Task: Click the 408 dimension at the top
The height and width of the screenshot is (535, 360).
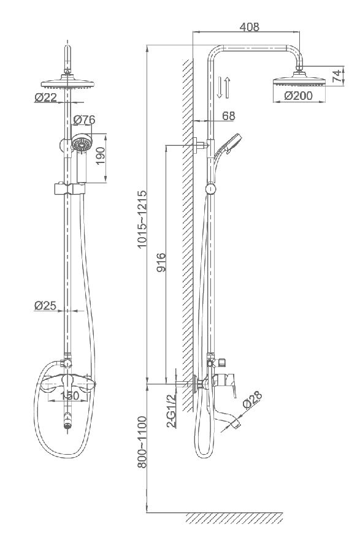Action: [249, 26]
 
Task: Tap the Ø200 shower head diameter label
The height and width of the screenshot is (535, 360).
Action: [298, 96]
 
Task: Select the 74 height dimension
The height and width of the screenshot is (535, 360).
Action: [337, 75]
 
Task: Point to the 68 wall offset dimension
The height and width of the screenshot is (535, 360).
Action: [229, 116]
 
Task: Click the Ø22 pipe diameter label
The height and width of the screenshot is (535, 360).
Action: [45, 97]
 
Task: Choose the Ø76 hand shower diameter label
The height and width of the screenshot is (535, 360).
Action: [84, 120]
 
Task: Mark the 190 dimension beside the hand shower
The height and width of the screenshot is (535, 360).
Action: [100, 156]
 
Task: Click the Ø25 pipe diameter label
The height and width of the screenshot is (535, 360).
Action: [45, 305]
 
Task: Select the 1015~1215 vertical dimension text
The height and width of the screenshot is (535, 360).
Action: [142, 219]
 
